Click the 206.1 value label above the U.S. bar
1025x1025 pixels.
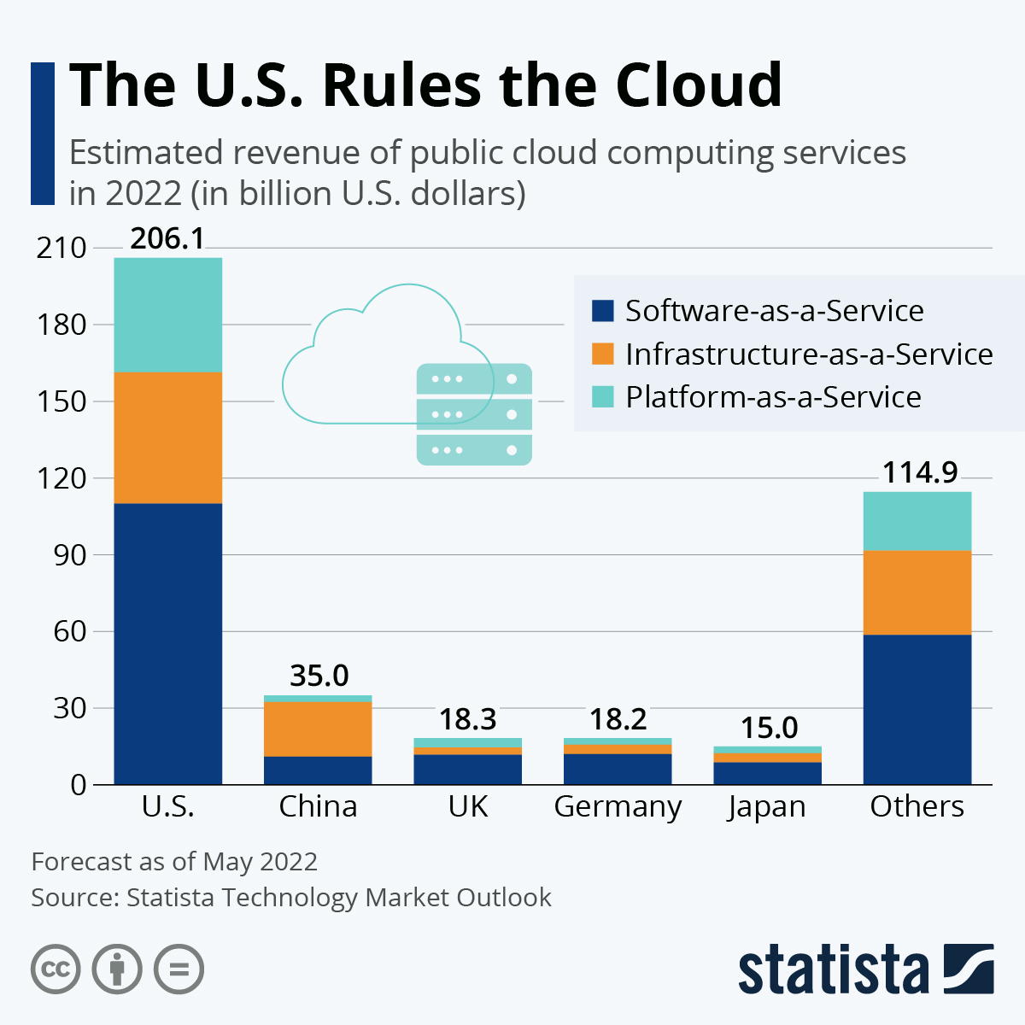click(x=167, y=238)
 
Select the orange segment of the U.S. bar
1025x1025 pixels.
click(x=167, y=437)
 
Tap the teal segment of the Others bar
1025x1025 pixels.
click(x=917, y=521)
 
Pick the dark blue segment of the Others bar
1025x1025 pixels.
click(x=917, y=709)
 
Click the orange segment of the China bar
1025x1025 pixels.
click(x=318, y=729)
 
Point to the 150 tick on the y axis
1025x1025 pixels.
click(x=61, y=401)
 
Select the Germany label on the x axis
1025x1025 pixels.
click(x=618, y=806)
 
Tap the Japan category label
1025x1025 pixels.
click(x=767, y=806)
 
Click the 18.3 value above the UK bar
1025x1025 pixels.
click(x=467, y=719)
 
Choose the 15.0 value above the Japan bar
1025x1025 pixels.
click(x=769, y=728)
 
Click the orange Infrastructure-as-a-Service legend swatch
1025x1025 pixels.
click(x=603, y=354)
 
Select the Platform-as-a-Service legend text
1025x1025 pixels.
click(x=773, y=397)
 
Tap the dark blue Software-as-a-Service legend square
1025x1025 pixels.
click(x=603, y=310)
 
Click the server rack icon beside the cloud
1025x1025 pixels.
click(x=474, y=414)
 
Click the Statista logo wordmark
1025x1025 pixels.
click(x=833, y=970)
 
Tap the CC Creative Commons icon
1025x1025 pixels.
click(x=56, y=969)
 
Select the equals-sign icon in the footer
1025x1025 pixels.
click(x=179, y=969)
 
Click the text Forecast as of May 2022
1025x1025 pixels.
click(x=174, y=861)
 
